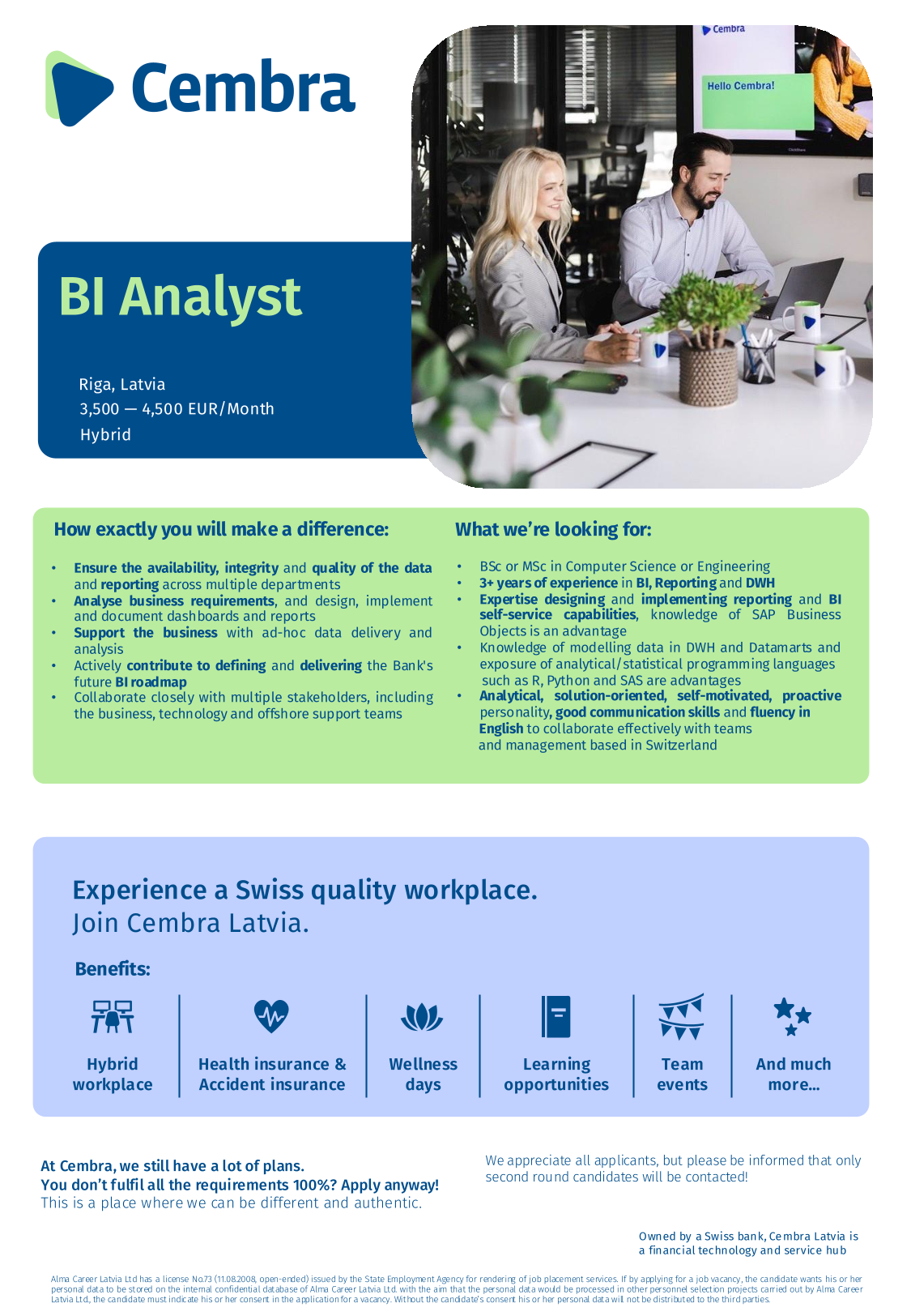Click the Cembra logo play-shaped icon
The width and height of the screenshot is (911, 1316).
tap(78, 88)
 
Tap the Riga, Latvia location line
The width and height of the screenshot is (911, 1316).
tap(122, 384)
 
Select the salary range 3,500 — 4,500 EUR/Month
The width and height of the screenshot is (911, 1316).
tap(177, 409)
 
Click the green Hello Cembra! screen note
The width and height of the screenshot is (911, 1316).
tap(757, 101)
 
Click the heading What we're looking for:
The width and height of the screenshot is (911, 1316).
tap(554, 529)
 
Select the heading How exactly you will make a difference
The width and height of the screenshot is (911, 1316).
tap(221, 529)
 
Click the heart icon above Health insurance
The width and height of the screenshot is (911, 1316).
tap(271, 1016)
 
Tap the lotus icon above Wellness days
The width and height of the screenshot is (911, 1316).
tap(421, 1017)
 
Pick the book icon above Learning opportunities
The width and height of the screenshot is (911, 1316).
tap(556, 1016)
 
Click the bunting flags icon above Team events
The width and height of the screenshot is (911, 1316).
tap(681, 1017)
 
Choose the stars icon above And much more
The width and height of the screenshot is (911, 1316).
tap(793, 1016)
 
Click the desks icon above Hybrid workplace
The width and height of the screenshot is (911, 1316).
tap(112, 1016)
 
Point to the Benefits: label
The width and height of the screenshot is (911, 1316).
tap(113, 969)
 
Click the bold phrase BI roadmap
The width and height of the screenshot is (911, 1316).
tap(151, 682)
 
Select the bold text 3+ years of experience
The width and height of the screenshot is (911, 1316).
tap(548, 583)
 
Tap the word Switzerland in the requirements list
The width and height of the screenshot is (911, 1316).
tap(681, 745)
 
